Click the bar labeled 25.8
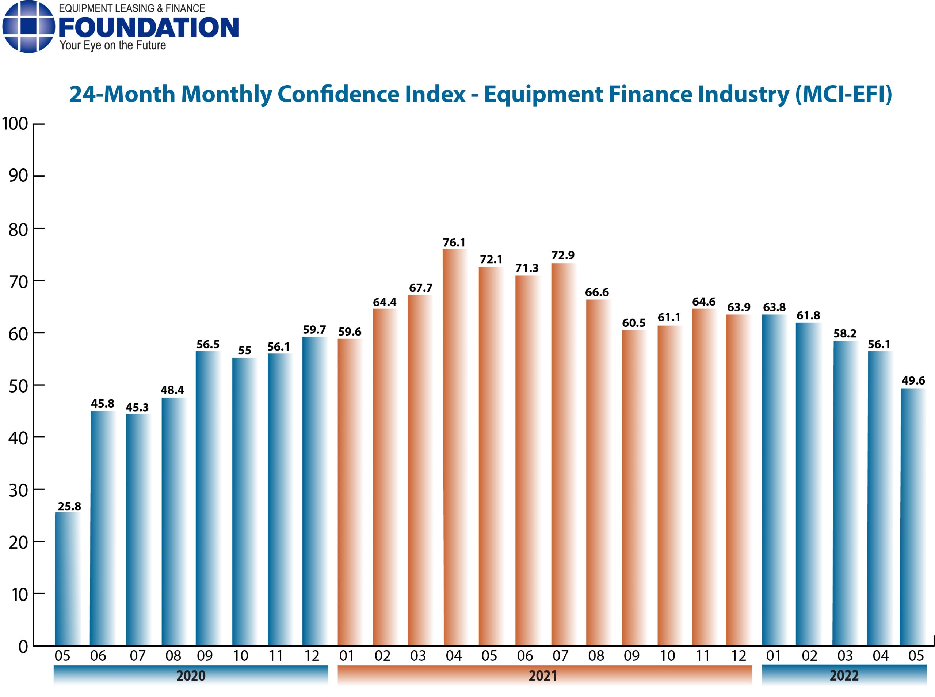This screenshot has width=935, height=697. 68,579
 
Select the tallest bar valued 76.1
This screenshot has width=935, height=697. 454,447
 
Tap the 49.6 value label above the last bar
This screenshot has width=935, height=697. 913,380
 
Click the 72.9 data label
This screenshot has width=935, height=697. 563,255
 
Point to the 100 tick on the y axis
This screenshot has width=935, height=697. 15,124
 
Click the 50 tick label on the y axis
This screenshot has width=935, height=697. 18,386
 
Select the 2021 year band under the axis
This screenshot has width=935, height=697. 544,675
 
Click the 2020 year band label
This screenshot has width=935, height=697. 191,675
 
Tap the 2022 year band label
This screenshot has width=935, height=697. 844,675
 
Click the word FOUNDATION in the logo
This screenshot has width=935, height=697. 149,27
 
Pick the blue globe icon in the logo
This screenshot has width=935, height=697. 28,27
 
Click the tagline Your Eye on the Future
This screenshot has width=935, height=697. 112,46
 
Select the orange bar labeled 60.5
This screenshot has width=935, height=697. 634,487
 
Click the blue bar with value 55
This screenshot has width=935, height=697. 244,502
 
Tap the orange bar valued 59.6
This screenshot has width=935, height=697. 350,492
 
